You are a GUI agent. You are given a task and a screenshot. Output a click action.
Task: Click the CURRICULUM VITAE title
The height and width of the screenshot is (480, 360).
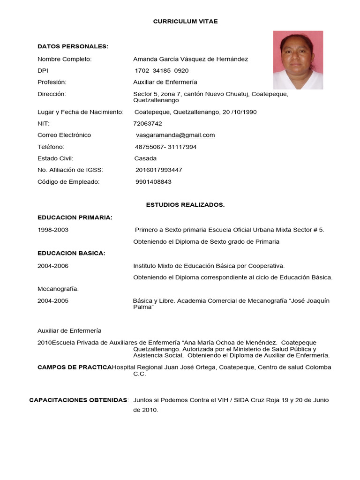pyautogui.click(x=185, y=22)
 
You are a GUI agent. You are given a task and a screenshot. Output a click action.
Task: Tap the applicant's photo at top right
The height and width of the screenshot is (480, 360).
pyautogui.click(x=298, y=53)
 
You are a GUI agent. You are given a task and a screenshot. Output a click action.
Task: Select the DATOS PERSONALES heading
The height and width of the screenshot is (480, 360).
pyautogui.click(x=73, y=46)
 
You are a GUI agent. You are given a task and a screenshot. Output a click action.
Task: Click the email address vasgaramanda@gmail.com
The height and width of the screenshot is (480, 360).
pyautogui.click(x=175, y=135)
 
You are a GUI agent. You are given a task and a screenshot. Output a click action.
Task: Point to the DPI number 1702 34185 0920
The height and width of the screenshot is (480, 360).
pyautogui.click(x=162, y=71)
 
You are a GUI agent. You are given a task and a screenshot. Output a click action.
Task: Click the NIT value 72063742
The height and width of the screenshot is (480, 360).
pyautogui.click(x=148, y=124)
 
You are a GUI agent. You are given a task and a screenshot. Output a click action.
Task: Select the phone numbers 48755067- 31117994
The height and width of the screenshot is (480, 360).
pyautogui.click(x=165, y=147)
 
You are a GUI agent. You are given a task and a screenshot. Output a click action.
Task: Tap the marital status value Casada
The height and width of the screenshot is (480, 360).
pyautogui.click(x=145, y=158)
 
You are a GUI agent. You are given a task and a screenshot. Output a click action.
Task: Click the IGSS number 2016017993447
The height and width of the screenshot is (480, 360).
pyautogui.click(x=158, y=170)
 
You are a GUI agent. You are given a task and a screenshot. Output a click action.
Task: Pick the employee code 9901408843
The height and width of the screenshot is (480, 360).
pyautogui.click(x=153, y=181)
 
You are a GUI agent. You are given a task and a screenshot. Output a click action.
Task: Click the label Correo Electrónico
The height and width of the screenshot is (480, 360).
pyautogui.click(x=64, y=135)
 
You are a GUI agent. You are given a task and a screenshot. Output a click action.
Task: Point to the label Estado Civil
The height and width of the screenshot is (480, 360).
pyautogui.click(x=55, y=158)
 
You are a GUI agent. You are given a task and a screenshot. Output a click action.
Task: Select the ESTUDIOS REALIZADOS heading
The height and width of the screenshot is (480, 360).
pyautogui.click(x=185, y=205)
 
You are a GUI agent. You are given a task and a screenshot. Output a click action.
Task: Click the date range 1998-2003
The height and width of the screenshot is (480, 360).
pyautogui.click(x=53, y=230)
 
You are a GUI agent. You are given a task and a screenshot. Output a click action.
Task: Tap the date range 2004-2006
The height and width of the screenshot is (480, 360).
pyautogui.click(x=53, y=266)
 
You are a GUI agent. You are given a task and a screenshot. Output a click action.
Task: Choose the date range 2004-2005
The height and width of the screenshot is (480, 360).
pyautogui.click(x=53, y=301)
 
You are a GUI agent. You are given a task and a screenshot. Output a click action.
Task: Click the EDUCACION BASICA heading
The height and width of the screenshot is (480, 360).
pyautogui.click(x=71, y=253)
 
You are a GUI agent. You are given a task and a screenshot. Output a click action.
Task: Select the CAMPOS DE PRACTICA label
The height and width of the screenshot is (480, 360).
pyautogui.click(x=75, y=367)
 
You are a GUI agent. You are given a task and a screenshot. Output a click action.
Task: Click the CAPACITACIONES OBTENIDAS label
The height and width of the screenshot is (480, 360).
pyautogui.click(x=79, y=400)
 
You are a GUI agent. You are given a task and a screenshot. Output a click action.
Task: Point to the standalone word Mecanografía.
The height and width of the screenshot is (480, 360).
pyautogui.click(x=58, y=289)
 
